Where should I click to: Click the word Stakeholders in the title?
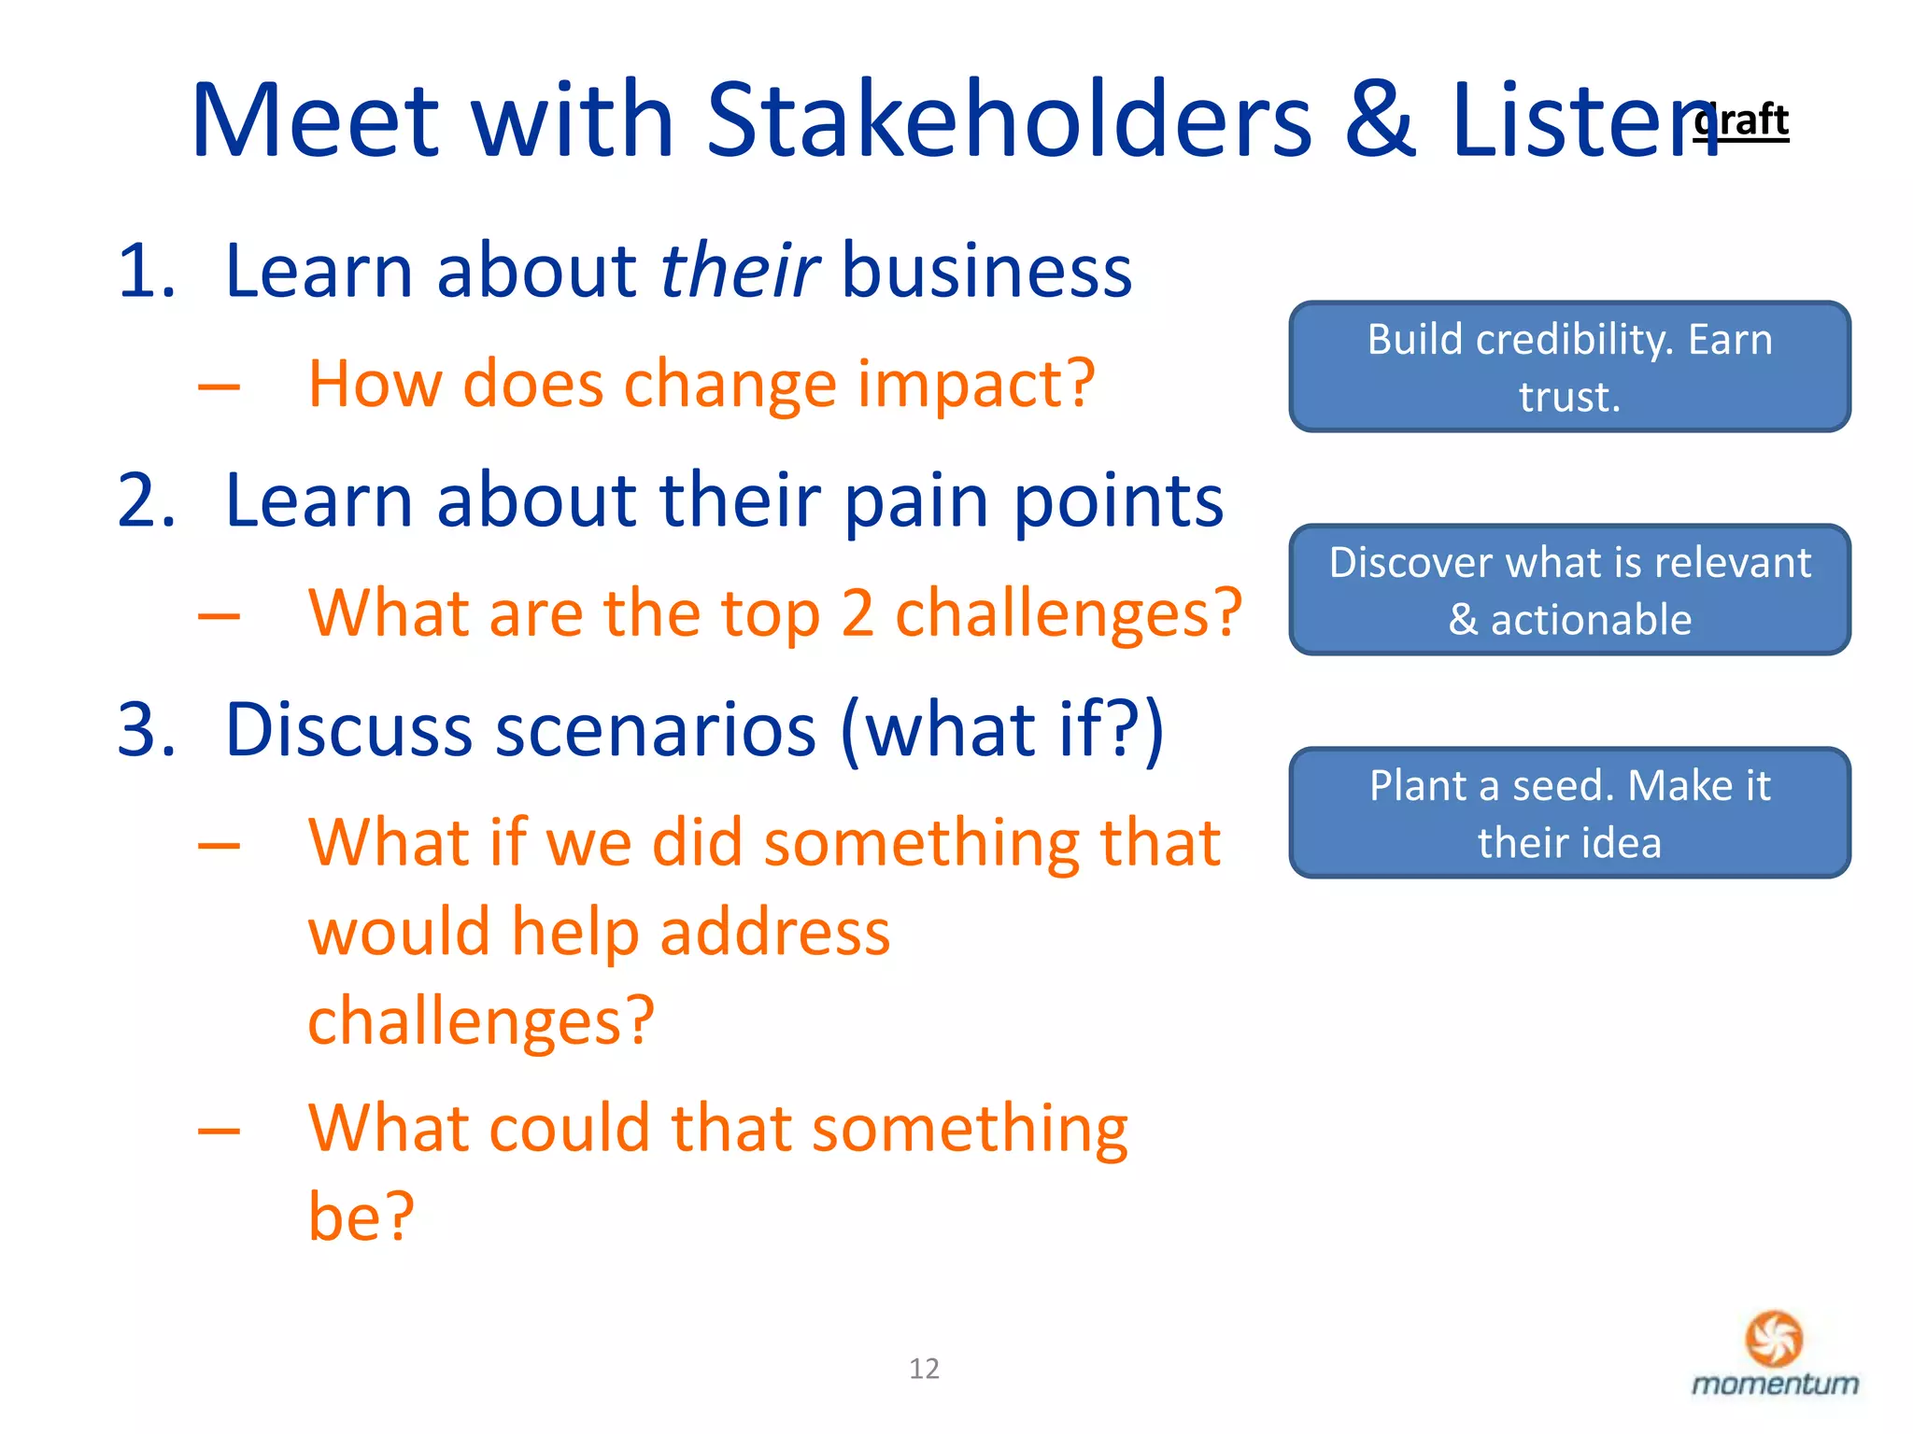click(x=1009, y=121)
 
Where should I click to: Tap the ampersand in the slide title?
click(x=1381, y=121)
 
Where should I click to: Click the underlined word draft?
click(x=1743, y=121)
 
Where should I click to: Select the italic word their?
click(x=739, y=272)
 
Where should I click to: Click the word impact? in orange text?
click(x=976, y=385)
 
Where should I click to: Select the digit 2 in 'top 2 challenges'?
click(x=857, y=614)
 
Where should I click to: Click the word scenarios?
click(x=655, y=730)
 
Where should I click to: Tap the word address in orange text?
click(x=774, y=934)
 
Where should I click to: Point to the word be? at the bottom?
click(x=361, y=1217)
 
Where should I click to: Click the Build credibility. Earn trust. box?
click(x=1569, y=367)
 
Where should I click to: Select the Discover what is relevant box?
click(x=1569, y=590)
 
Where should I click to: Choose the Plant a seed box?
click(x=1569, y=813)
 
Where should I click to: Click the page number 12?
click(x=924, y=1369)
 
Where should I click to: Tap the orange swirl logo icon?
click(x=1773, y=1338)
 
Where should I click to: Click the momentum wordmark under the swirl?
click(x=1774, y=1384)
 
